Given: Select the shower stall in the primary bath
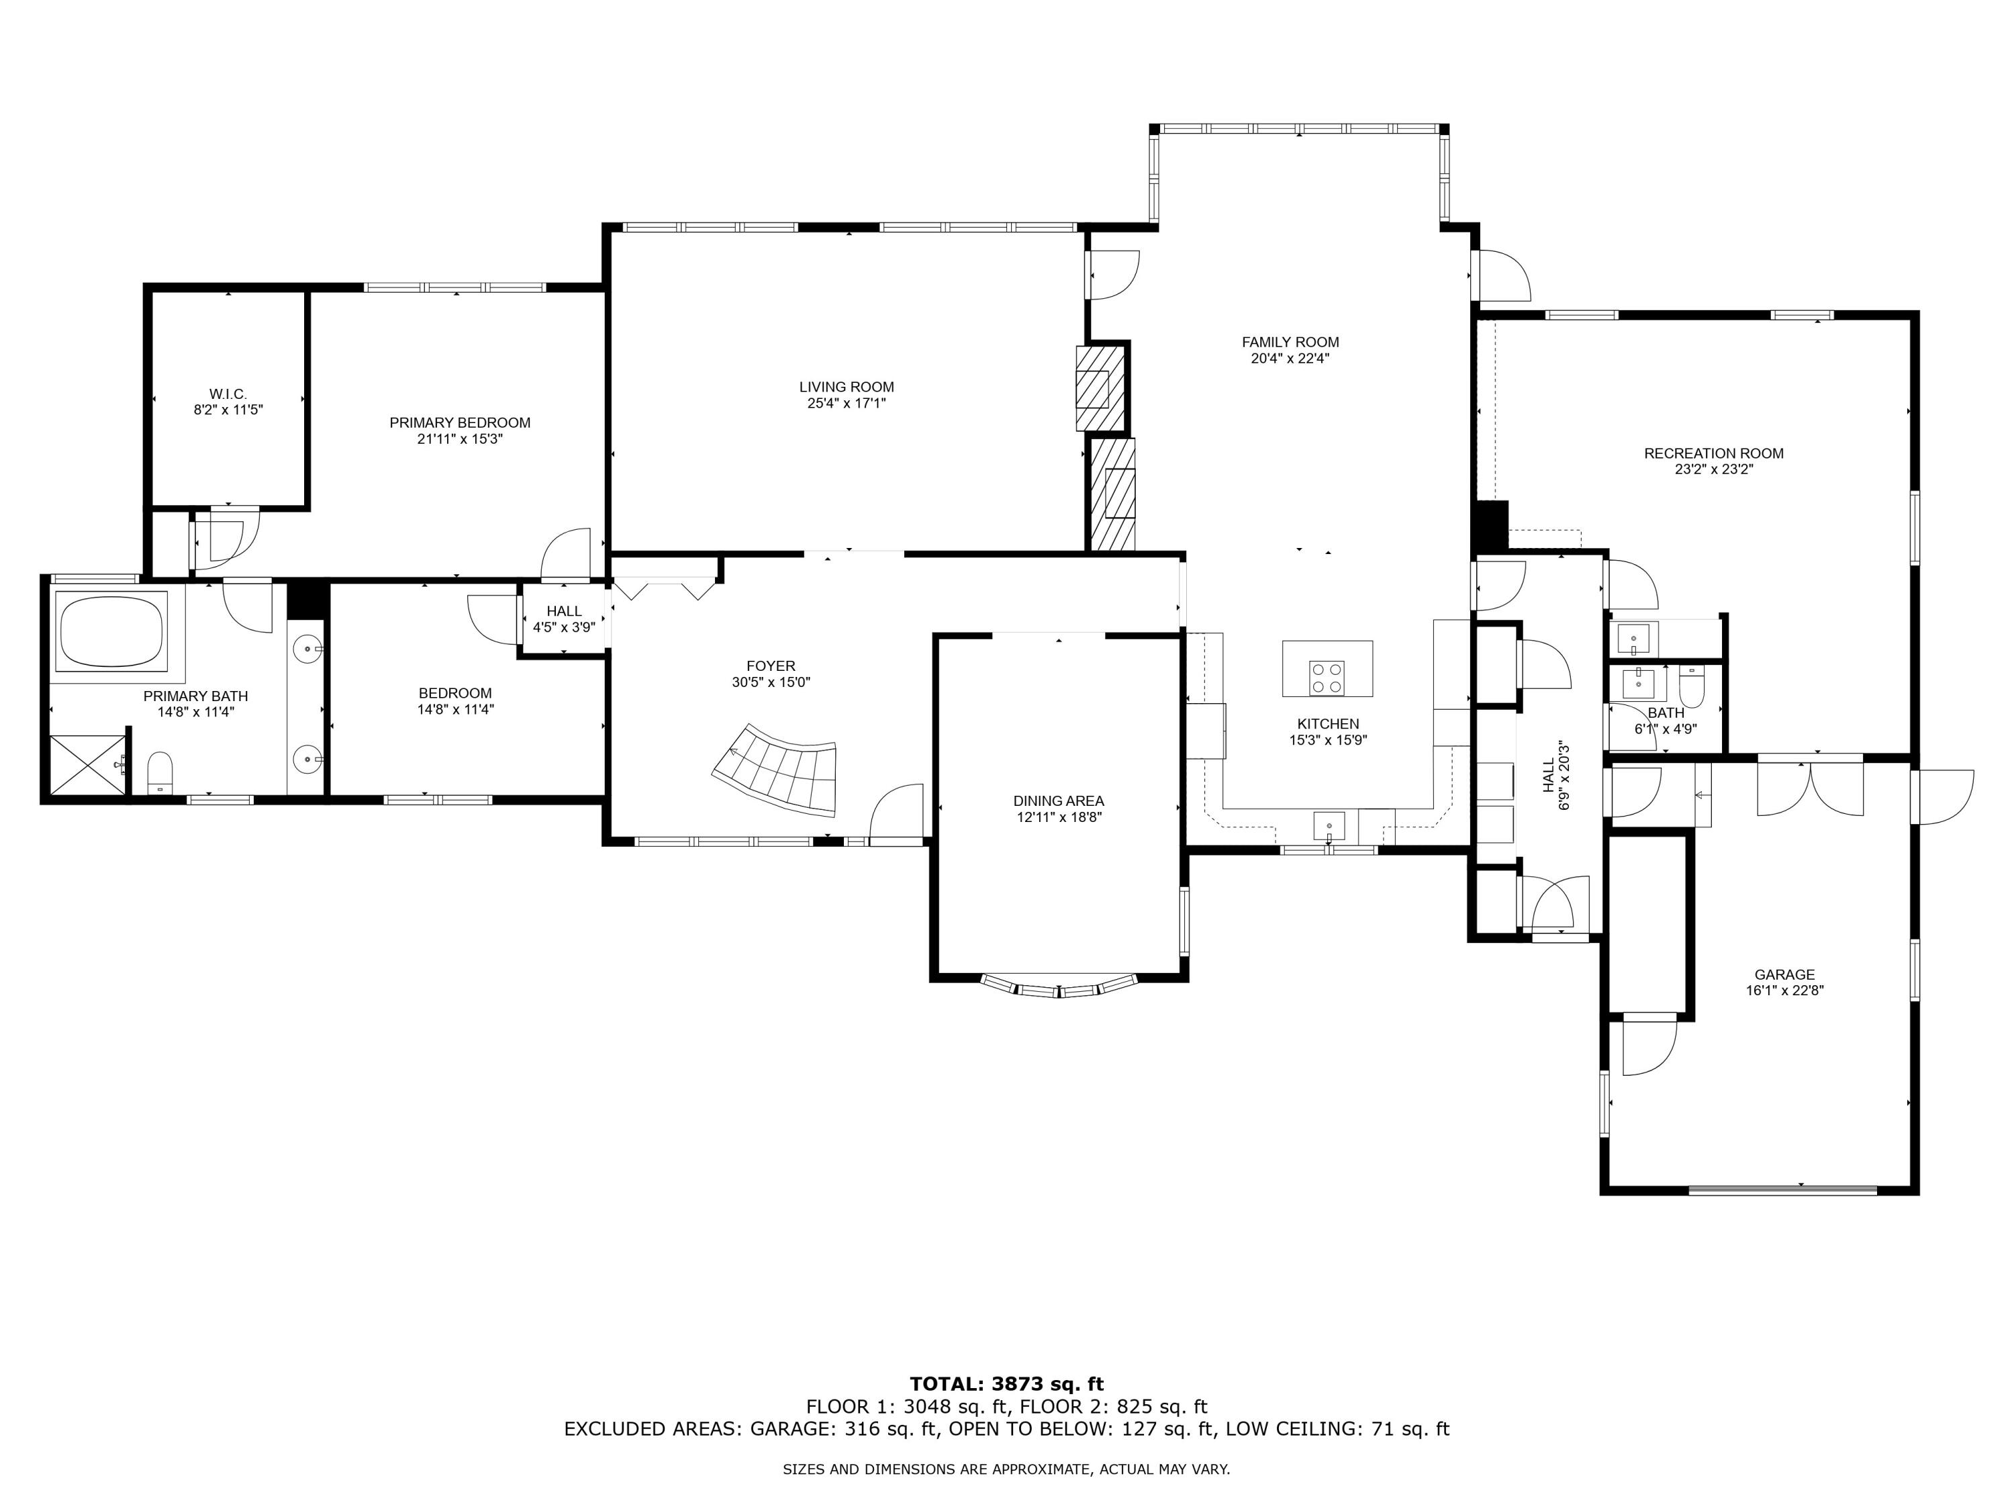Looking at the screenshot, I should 87,764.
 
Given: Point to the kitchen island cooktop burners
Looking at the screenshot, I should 1327,678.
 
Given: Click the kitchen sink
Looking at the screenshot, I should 1329,827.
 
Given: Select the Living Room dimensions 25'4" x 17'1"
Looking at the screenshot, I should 847,402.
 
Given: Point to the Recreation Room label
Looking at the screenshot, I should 1713,453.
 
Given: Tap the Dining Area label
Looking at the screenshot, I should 1058,800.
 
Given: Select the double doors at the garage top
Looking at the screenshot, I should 1810,788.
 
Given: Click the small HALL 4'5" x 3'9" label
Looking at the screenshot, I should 564,611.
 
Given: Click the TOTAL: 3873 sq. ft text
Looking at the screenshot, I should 1006,1384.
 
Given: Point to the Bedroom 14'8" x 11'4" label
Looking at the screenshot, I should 455,693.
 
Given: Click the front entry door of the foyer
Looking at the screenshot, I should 898,815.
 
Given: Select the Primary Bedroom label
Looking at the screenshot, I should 460,422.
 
